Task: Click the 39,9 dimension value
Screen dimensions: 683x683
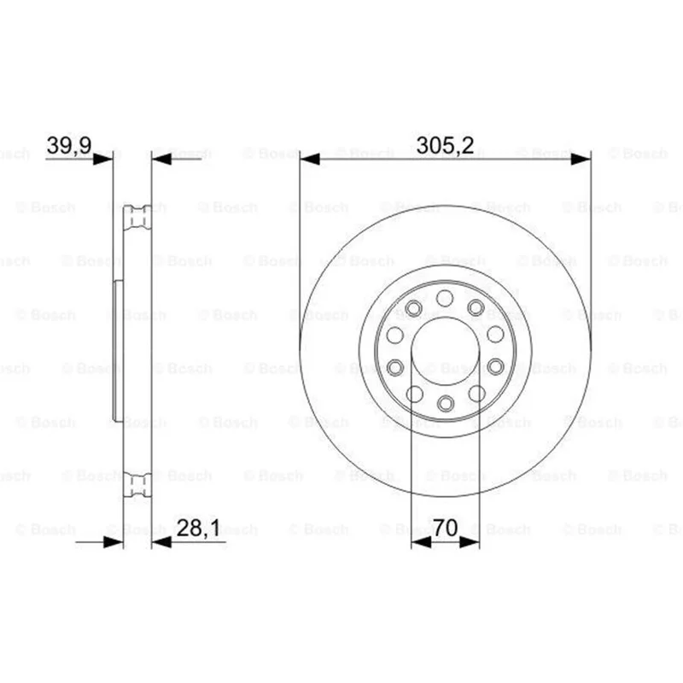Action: click(69, 145)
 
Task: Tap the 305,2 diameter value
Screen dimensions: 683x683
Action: click(445, 145)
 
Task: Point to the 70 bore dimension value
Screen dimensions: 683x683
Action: click(446, 528)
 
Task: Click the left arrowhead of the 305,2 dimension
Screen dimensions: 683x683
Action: click(310, 160)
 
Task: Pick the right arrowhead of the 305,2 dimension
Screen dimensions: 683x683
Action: click(581, 160)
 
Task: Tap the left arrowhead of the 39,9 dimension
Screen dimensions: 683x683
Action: click(103, 160)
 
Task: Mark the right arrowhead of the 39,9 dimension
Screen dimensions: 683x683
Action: click(161, 160)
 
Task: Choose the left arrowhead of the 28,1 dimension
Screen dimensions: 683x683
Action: click(114, 542)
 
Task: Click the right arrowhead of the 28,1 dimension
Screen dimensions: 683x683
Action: click(161, 542)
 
